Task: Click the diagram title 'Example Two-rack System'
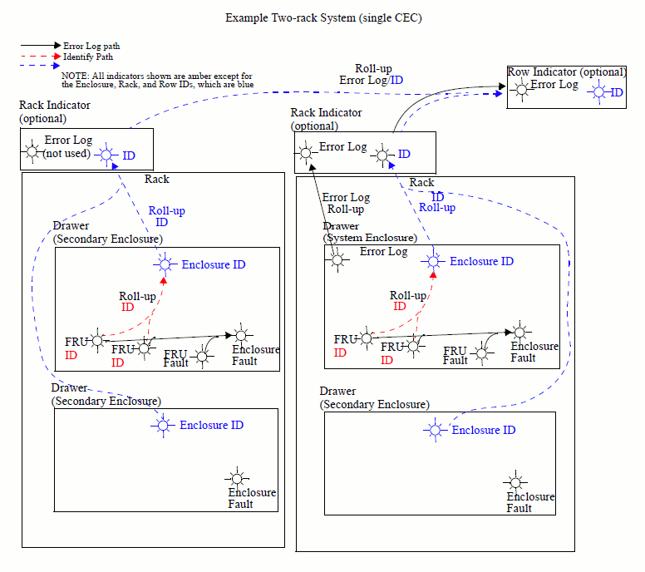[323, 18]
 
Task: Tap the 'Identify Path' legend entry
[87, 57]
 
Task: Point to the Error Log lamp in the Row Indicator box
[521, 91]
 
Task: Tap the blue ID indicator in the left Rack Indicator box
[106, 155]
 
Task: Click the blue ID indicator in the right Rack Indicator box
[382, 154]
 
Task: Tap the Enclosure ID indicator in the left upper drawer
[164, 264]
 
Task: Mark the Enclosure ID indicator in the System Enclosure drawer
[432, 261]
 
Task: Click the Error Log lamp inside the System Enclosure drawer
[337, 259]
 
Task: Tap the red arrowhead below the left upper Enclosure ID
[164, 281]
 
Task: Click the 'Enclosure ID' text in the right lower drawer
[484, 430]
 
